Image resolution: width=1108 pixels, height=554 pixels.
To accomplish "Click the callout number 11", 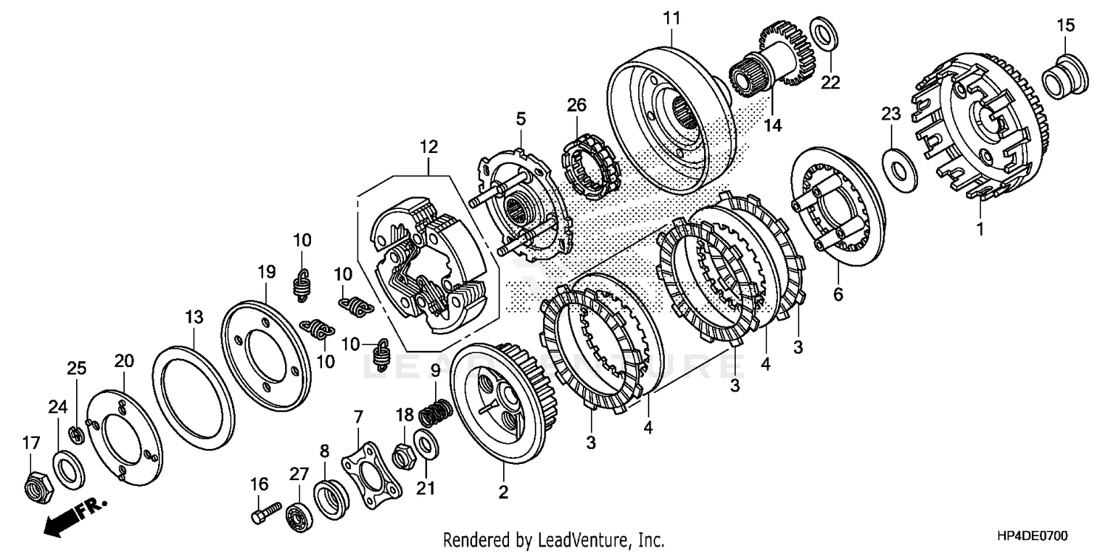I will [671, 18].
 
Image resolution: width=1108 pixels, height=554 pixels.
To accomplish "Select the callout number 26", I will [576, 106].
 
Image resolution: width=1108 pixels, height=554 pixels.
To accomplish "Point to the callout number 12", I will [429, 146].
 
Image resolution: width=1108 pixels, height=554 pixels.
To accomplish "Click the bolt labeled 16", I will [264, 512].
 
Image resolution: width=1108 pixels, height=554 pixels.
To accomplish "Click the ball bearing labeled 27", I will [299, 514].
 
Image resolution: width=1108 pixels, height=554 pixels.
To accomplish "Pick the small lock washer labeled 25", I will [75, 435].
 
